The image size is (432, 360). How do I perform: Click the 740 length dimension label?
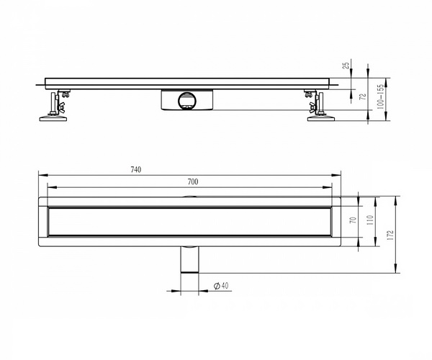click(136, 169)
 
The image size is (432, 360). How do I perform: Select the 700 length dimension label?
click(193, 181)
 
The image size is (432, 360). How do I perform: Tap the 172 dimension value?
click(391, 235)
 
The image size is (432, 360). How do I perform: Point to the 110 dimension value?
click(371, 220)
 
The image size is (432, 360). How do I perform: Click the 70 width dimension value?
click(354, 220)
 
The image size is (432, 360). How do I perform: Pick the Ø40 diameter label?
click(221, 286)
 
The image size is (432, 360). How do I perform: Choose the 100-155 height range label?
click(380, 96)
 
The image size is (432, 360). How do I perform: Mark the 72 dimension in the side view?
click(363, 96)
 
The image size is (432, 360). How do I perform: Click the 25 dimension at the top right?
click(346, 66)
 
